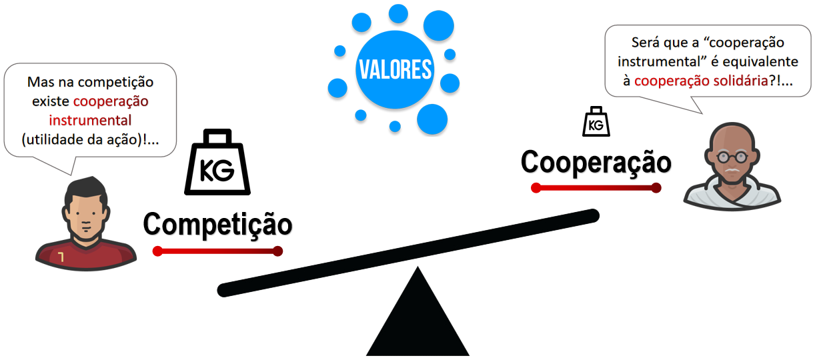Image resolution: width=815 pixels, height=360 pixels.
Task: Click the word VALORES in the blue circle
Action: coord(395,69)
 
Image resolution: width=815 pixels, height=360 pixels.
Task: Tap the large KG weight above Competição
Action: coord(217,165)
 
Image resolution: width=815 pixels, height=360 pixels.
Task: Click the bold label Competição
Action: coord(217,224)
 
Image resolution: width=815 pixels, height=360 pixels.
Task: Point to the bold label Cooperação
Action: coord(596,161)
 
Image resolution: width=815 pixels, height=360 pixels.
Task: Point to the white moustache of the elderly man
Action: coord(732,172)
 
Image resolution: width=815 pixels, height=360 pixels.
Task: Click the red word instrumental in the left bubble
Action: coord(90,121)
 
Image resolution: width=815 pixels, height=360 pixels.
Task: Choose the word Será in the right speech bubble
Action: coord(646,43)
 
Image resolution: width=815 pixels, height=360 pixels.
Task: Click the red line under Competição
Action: coord(217,251)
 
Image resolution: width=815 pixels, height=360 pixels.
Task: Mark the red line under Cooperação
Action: coord(596,187)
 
